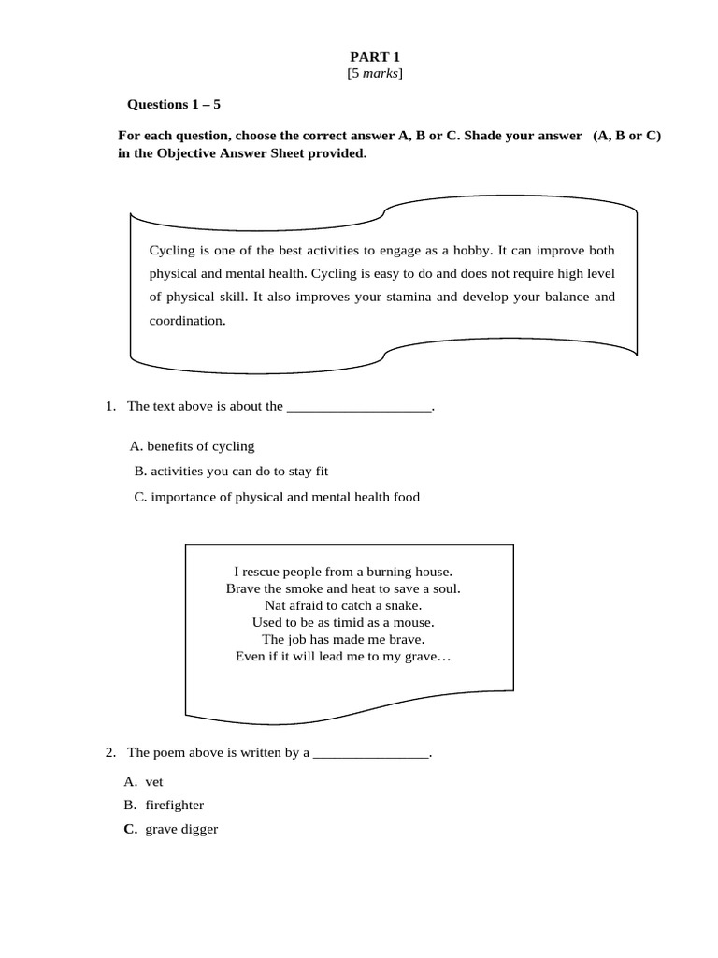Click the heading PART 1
[374, 57]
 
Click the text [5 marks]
[374, 73]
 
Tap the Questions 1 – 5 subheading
[174, 104]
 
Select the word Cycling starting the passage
[171, 251]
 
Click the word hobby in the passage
[473, 251]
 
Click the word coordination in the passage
[187, 321]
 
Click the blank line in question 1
[360, 408]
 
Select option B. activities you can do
[231, 472]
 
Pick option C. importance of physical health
[277, 497]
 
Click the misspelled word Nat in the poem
[276, 605]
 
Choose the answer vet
[154, 781]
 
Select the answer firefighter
[174, 805]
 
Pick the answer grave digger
[181, 829]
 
